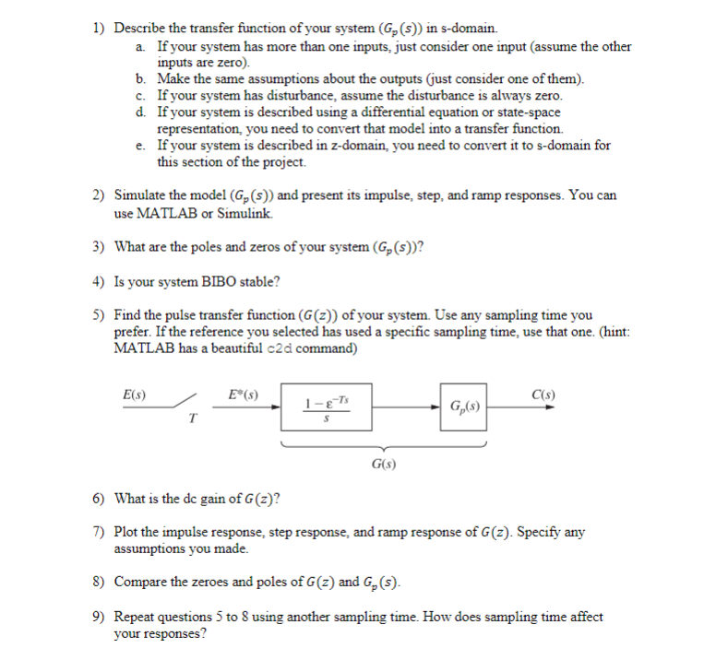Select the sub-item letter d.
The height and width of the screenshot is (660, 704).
click(x=139, y=112)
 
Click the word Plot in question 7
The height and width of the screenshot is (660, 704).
click(x=125, y=533)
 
